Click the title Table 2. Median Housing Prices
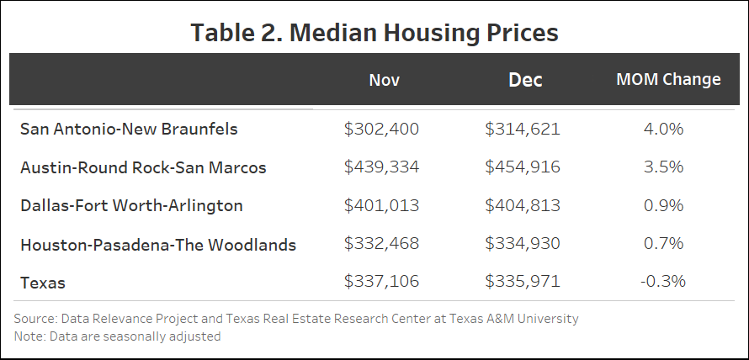pyautogui.click(x=374, y=32)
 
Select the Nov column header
pyautogui.click(x=384, y=80)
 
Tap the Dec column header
pyautogui.click(x=525, y=80)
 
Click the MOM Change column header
pyautogui.click(x=668, y=80)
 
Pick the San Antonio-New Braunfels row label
pyautogui.click(x=129, y=130)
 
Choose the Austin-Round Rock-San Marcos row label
pyautogui.click(x=143, y=167)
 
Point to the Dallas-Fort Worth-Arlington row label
pyautogui.click(x=131, y=206)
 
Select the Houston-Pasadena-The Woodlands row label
pyautogui.click(x=158, y=245)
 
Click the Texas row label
pyautogui.click(x=42, y=283)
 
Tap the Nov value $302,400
pyautogui.click(x=381, y=130)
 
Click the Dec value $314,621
pyautogui.click(x=523, y=130)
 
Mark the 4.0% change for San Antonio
pyautogui.click(x=664, y=130)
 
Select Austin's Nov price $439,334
pyautogui.click(x=381, y=167)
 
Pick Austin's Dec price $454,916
pyautogui.click(x=523, y=167)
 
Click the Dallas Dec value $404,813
pyautogui.click(x=523, y=206)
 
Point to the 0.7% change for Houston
pyautogui.click(x=664, y=245)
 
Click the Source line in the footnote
pyautogui.click(x=296, y=319)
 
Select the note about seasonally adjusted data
pyautogui.click(x=117, y=336)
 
